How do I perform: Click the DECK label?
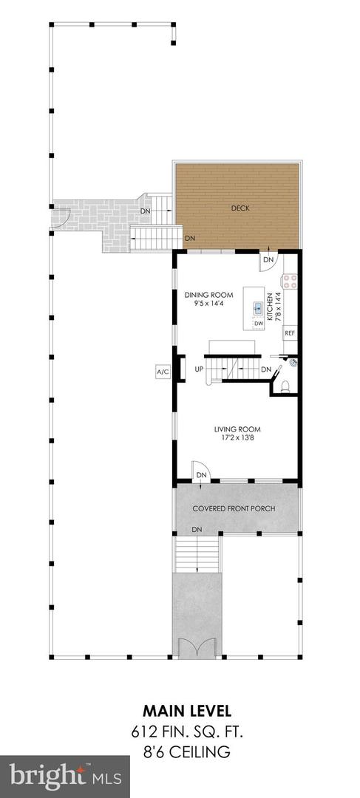(240, 208)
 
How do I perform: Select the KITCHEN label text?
(279, 305)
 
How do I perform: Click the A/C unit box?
(162, 372)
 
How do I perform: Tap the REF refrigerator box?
(291, 334)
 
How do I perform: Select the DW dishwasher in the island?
(258, 323)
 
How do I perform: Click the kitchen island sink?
(258, 307)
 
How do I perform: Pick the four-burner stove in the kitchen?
(290, 282)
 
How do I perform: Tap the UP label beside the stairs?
(199, 369)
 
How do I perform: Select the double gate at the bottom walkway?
(197, 648)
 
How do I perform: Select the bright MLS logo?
(64, 776)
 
